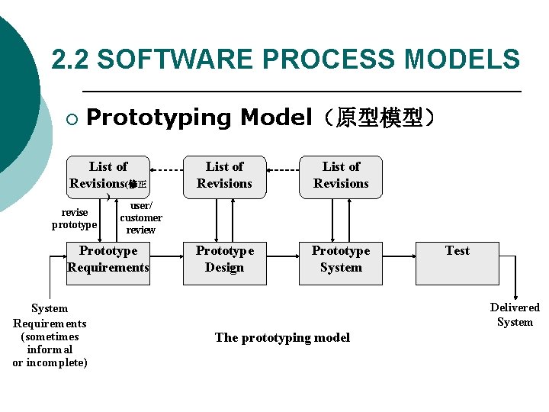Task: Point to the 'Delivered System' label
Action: click(x=515, y=314)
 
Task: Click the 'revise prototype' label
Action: click(x=74, y=218)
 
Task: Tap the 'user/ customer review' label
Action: click(x=140, y=217)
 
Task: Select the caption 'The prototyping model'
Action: click(x=282, y=337)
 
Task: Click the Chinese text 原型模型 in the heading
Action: click(x=379, y=117)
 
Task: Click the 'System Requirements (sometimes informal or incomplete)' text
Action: click(x=50, y=336)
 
